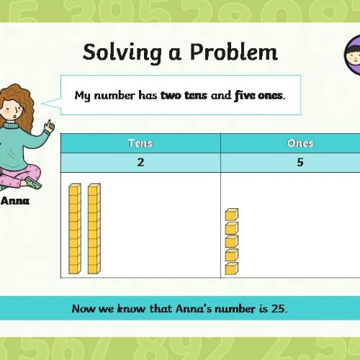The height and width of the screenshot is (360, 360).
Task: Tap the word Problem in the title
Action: (234, 52)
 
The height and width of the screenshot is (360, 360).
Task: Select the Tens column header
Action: (140, 143)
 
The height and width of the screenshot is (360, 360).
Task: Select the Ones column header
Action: (300, 143)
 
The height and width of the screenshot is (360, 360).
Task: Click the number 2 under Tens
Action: (140, 163)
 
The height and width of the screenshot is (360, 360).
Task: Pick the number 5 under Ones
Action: (300, 163)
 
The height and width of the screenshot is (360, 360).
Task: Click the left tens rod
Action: (75, 229)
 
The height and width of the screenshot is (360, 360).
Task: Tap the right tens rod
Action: (94, 229)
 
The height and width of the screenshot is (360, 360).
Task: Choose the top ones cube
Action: (232, 215)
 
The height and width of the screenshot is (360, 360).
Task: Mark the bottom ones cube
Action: (232, 269)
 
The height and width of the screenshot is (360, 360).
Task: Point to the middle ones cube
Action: (232, 242)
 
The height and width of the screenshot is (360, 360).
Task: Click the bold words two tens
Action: (184, 96)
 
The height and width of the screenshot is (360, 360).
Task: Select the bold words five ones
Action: (258, 96)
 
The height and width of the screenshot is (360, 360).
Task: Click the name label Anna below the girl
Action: (15, 201)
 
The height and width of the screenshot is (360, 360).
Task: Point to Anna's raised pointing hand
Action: (50, 126)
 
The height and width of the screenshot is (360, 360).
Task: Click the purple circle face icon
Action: (352, 55)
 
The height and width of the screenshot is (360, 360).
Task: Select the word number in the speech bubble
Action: (114, 96)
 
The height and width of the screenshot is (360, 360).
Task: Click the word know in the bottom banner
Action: (131, 309)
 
